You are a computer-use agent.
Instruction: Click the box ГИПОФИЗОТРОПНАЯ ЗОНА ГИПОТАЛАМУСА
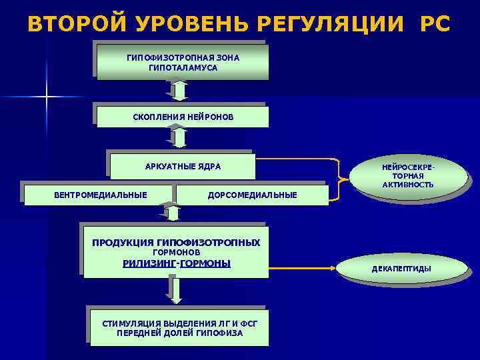pyautogui.click(x=183, y=63)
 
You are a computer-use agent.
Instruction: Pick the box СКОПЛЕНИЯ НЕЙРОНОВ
pyautogui.click(x=183, y=117)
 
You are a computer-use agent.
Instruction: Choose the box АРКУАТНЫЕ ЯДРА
pyautogui.click(x=183, y=166)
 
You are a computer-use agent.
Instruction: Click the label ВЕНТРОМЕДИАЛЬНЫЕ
pyautogui.click(x=100, y=195)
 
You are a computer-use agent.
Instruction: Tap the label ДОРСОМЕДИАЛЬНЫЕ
pyautogui.click(x=252, y=195)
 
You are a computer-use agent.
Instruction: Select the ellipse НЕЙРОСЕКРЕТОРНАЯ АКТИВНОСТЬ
pyautogui.click(x=408, y=175)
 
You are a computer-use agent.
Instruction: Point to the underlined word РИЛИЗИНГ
pyautogui.click(x=149, y=263)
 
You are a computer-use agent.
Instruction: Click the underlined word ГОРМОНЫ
pyautogui.click(x=205, y=263)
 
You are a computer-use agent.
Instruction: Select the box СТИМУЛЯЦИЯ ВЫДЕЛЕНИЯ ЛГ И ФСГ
pyautogui.click(x=179, y=327)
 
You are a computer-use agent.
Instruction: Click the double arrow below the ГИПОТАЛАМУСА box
pyautogui.click(x=177, y=91)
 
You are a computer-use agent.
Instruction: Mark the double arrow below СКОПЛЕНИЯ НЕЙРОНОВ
pyautogui.click(x=177, y=137)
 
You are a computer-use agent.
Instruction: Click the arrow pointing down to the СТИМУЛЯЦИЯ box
pyautogui.click(x=175, y=290)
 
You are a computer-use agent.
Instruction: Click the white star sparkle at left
pyautogui.click(x=47, y=97)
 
